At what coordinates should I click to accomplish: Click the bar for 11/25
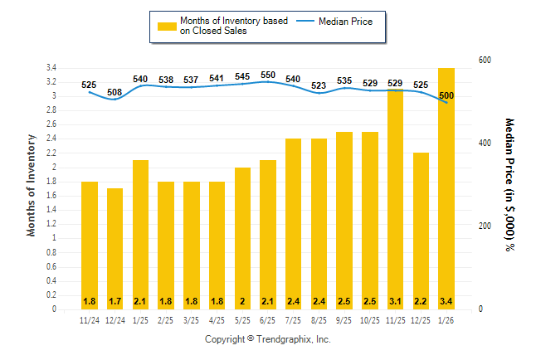pyautogui.click(x=396, y=199)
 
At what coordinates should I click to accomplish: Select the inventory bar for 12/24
pyautogui.click(x=115, y=249)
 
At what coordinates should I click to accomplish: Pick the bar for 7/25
pyautogui.click(x=294, y=224)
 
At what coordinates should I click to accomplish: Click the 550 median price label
pyautogui.click(x=268, y=75)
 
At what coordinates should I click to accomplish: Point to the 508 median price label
pyautogui.click(x=115, y=92)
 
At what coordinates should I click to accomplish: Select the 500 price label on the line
pyautogui.click(x=446, y=95)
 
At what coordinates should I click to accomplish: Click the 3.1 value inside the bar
pyautogui.click(x=396, y=300)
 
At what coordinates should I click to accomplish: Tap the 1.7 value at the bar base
pyautogui.click(x=115, y=300)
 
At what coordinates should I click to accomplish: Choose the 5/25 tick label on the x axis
pyautogui.click(x=242, y=320)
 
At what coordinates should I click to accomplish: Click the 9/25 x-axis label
pyautogui.click(x=344, y=320)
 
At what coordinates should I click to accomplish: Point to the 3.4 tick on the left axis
pyautogui.click(x=51, y=67)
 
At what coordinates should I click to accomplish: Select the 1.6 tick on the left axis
pyautogui.click(x=51, y=195)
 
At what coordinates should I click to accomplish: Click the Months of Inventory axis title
pyautogui.click(x=32, y=185)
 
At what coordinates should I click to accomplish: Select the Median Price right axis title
pyautogui.click(x=509, y=184)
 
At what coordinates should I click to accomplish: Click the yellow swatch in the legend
pyautogui.click(x=167, y=26)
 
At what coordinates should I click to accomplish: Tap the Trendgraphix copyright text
pyautogui.click(x=267, y=340)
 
